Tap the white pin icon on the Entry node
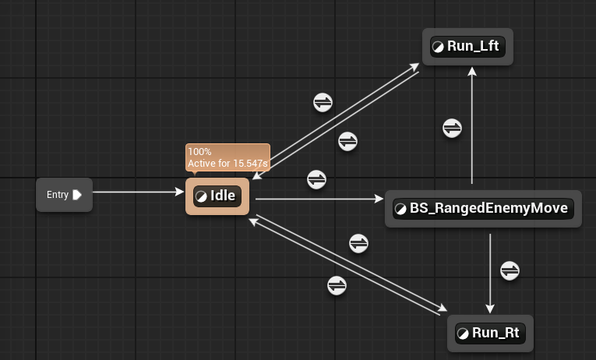[77, 195]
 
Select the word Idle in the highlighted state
[223, 196]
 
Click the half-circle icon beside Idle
[201, 196]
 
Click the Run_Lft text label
[473, 46]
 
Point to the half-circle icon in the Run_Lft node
[438, 47]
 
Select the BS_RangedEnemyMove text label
[491, 208]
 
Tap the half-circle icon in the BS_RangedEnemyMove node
[400, 209]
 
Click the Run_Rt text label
[495, 333]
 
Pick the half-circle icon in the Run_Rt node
[463, 334]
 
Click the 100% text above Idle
[199, 152]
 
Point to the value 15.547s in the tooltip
[250, 164]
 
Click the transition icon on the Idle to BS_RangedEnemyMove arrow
[316, 179]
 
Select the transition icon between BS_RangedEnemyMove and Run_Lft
[452, 128]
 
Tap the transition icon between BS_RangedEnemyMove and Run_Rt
[510, 270]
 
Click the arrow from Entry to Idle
[136, 192]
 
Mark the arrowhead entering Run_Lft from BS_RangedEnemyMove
[471, 71]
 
